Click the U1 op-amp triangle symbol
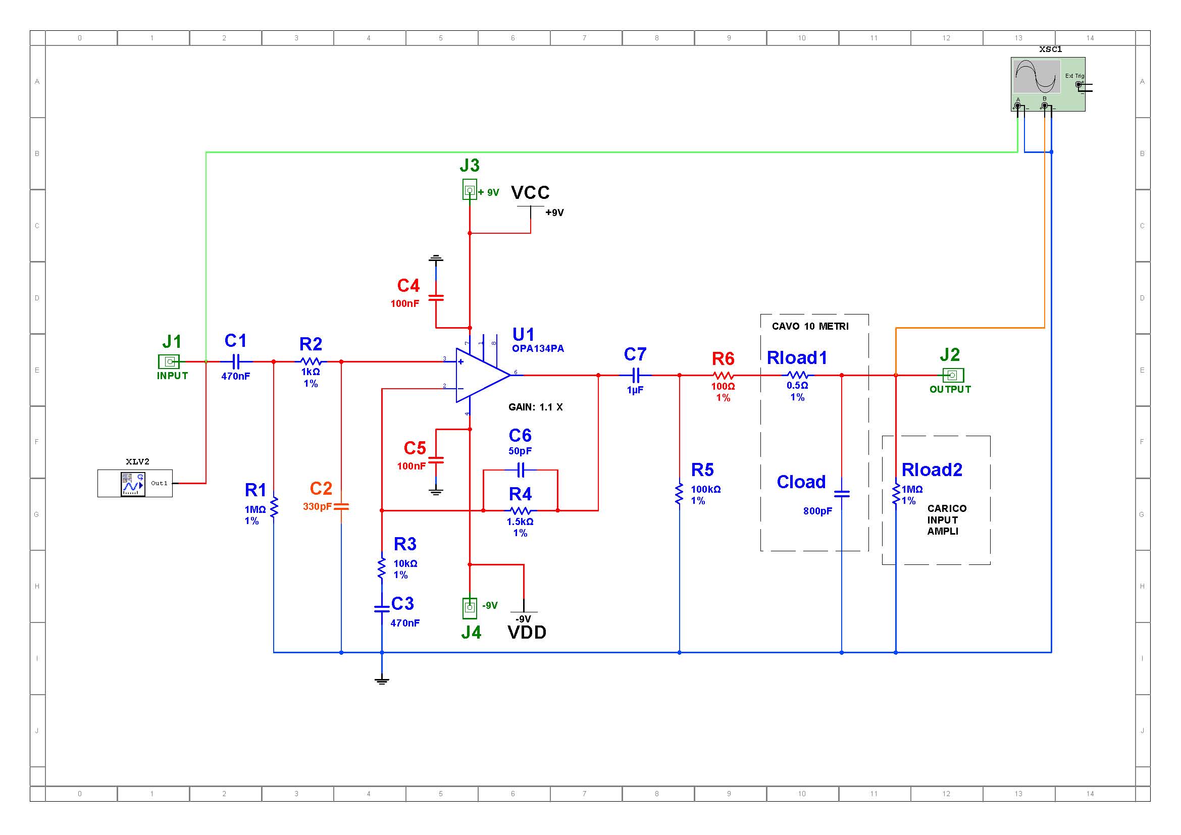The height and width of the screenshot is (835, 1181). [x=483, y=375]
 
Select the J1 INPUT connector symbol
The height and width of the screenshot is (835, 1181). [x=169, y=361]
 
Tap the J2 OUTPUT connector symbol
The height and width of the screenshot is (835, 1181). [x=953, y=375]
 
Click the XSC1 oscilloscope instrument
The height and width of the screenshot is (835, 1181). [x=1048, y=84]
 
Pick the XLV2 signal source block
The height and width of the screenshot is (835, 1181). [x=135, y=483]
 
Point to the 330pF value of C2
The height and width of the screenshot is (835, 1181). [x=318, y=506]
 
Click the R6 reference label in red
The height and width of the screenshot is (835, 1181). [x=723, y=358]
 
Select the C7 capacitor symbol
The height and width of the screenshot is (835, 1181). [x=636, y=375]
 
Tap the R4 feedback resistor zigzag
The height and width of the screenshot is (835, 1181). [x=520, y=510]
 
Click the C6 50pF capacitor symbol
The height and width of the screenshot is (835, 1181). [x=521, y=470]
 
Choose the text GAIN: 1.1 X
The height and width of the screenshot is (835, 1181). [x=535, y=407]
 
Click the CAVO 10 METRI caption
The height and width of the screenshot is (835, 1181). [x=810, y=327]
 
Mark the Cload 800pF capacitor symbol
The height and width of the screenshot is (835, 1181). [x=842, y=494]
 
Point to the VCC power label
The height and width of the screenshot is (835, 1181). [x=530, y=193]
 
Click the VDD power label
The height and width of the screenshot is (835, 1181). [x=527, y=633]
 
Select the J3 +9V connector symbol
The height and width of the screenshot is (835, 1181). [x=470, y=191]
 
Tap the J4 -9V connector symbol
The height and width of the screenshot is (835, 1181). [x=470, y=608]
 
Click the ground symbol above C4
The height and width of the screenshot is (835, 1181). [x=436, y=258]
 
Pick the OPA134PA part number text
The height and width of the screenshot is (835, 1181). [x=538, y=349]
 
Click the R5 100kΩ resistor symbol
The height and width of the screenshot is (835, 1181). [x=680, y=494]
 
